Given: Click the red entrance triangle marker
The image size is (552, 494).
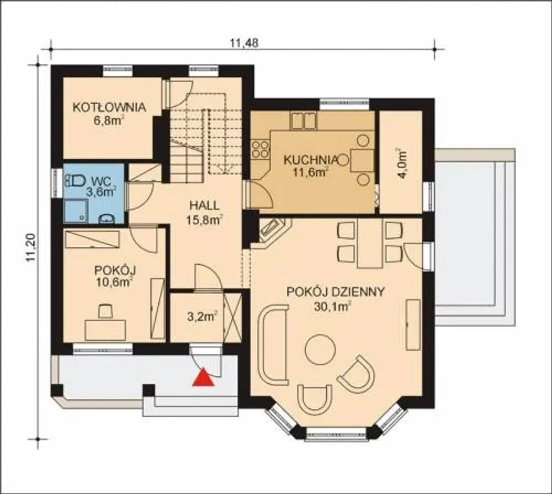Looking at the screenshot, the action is (x=204, y=377).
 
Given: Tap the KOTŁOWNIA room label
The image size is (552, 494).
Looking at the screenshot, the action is (x=109, y=108).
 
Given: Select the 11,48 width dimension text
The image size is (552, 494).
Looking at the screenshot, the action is (x=244, y=43).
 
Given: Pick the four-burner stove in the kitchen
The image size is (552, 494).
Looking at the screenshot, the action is (x=260, y=150).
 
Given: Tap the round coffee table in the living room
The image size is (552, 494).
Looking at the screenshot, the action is (x=320, y=349).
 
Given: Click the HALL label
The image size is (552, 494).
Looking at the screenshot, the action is (x=204, y=206).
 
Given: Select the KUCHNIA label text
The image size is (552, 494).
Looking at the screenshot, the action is (x=311, y=160).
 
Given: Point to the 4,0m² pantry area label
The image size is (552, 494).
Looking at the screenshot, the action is (x=402, y=162).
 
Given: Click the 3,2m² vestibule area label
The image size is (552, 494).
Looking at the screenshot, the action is (x=202, y=317).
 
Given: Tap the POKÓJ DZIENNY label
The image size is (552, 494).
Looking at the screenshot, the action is (x=336, y=292).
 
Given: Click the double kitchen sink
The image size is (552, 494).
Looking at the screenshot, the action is (x=304, y=121).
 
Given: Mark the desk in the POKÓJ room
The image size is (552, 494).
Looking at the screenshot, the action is (x=105, y=330).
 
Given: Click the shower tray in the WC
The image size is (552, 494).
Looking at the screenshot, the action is (x=76, y=211).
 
